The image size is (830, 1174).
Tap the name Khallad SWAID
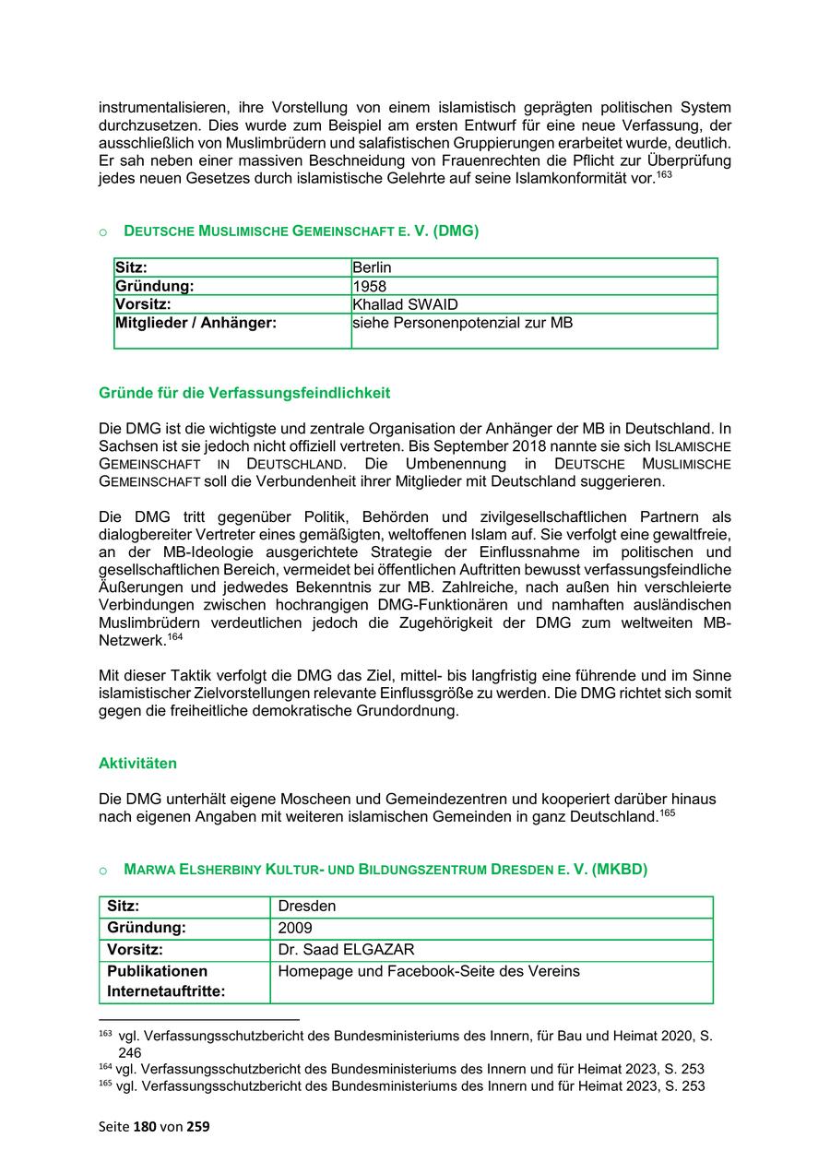pyautogui.click(x=405, y=304)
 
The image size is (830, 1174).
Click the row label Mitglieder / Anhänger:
pyautogui.click(x=196, y=323)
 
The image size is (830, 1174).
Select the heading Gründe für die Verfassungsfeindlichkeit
pyautogui.click(x=244, y=393)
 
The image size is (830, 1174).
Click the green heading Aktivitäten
pyautogui.click(x=137, y=764)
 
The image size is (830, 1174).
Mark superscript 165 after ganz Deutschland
pyautogui.click(x=668, y=813)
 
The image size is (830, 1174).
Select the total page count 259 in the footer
pyautogui.click(x=198, y=1126)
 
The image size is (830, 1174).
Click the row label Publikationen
pyautogui.click(x=157, y=971)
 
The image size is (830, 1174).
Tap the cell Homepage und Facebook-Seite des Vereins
pyautogui.click(x=429, y=971)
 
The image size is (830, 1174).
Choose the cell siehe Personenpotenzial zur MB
pyautogui.click(x=462, y=323)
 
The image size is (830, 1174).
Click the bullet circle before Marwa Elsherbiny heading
pyautogui.click(x=104, y=871)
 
